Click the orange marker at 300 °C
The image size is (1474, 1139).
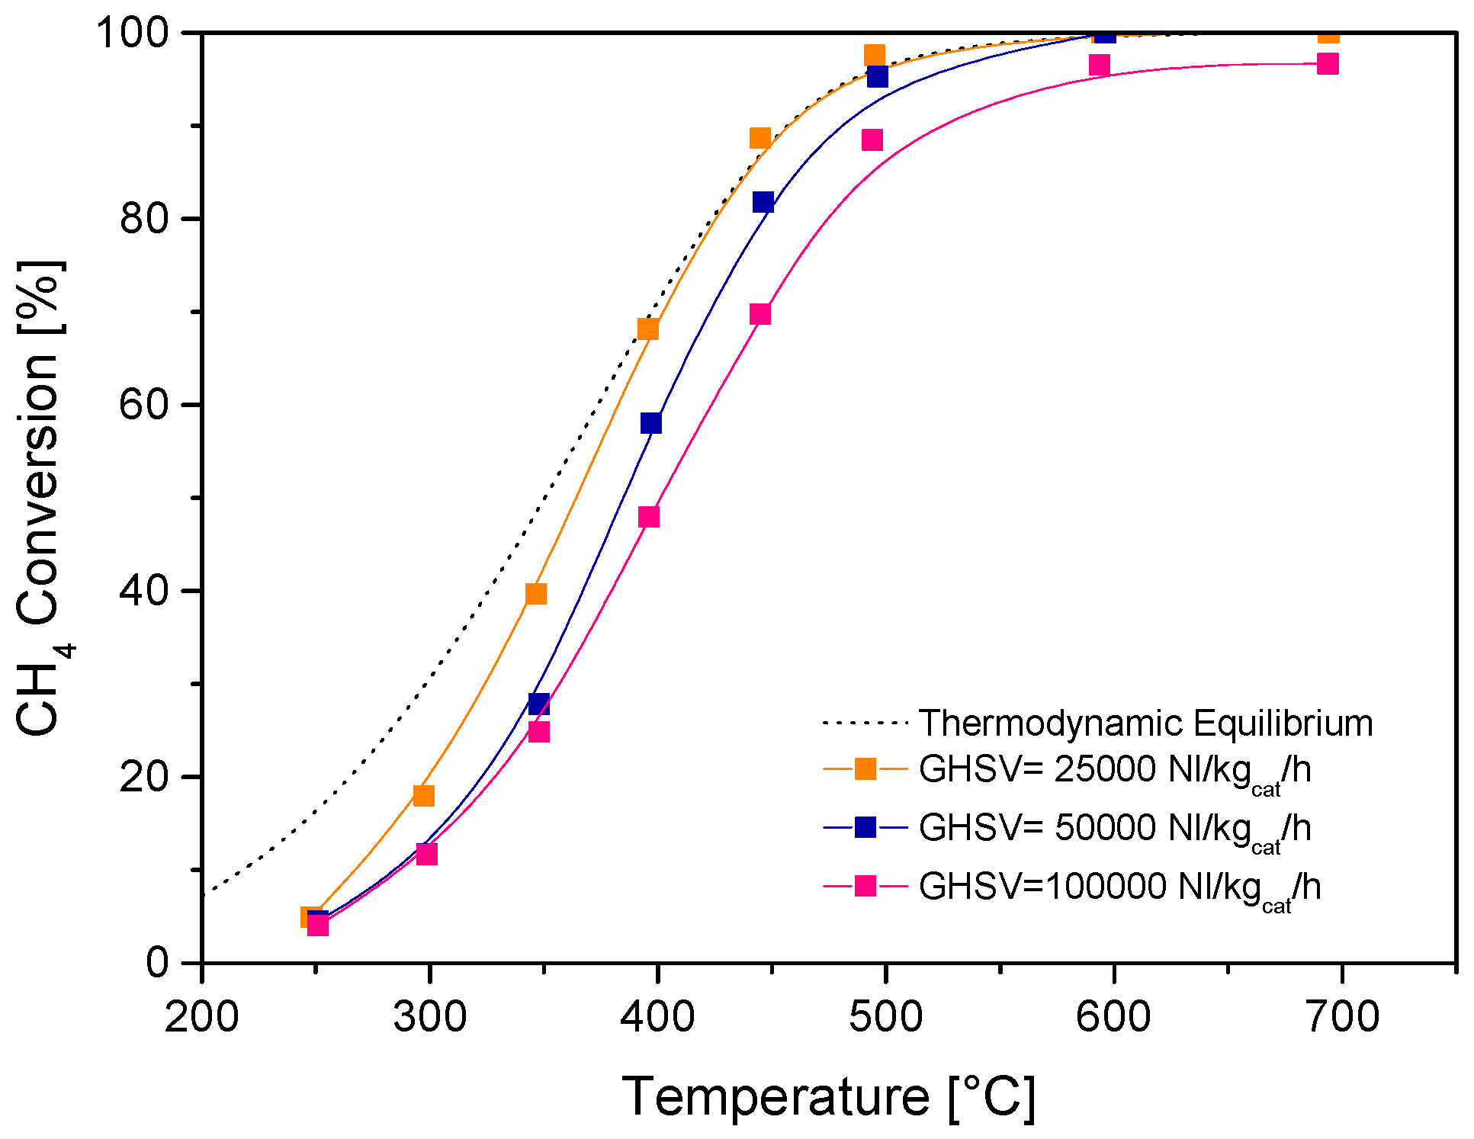click(x=423, y=795)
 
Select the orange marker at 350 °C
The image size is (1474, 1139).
click(x=536, y=593)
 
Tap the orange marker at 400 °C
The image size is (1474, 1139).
click(x=647, y=329)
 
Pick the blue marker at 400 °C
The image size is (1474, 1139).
click(x=650, y=422)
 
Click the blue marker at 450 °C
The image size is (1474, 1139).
click(x=763, y=202)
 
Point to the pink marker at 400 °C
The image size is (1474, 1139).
click(x=648, y=516)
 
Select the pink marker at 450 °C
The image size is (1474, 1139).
click(x=759, y=314)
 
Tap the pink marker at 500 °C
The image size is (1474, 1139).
click(x=872, y=140)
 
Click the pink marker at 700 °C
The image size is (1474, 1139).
click(x=1328, y=63)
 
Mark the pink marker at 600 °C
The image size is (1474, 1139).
click(x=1099, y=65)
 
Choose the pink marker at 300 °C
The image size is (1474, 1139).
click(x=426, y=854)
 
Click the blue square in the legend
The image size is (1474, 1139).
click(x=865, y=827)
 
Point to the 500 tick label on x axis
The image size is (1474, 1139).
click(x=885, y=1017)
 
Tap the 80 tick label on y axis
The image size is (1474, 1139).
click(x=143, y=219)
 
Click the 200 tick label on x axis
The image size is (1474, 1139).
click(x=201, y=1017)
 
